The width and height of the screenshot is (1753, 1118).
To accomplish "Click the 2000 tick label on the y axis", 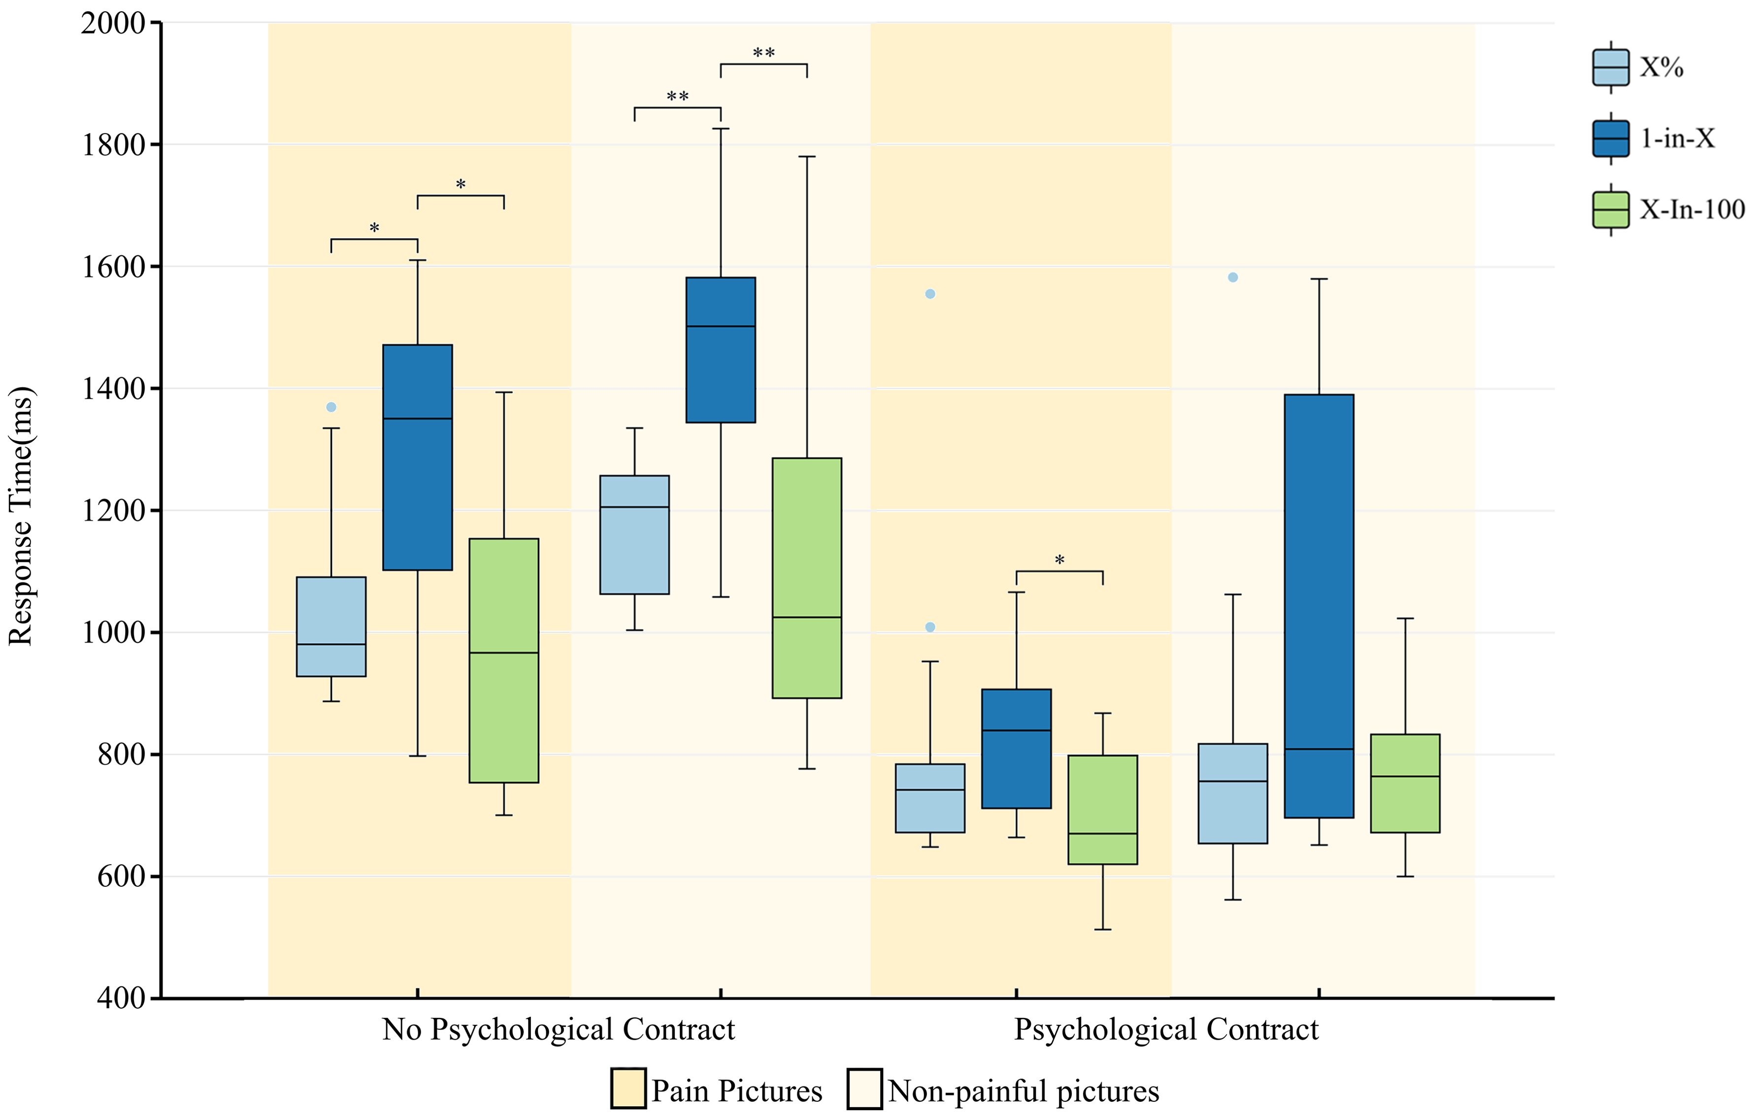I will [113, 23].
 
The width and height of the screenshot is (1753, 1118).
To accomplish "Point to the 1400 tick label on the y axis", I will [113, 389].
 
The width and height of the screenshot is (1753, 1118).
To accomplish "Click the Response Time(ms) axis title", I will [20, 516].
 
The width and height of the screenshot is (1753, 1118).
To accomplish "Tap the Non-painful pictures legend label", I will [1023, 1090].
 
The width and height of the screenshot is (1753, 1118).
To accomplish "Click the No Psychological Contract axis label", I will [559, 1029].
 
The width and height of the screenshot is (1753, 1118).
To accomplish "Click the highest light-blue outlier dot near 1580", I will [1232, 278].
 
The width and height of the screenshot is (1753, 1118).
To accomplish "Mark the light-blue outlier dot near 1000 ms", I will [929, 627].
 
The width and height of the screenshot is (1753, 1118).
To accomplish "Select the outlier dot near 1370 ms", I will [331, 407].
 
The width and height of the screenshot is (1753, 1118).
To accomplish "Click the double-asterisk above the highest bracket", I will [763, 52].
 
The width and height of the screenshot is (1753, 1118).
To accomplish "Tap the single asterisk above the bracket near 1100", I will [1059, 560].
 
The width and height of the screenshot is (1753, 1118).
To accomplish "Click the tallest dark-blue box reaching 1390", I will [1319, 604].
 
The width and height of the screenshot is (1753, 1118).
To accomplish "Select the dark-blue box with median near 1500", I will [721, 349].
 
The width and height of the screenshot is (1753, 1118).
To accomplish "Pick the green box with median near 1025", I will [807, 578].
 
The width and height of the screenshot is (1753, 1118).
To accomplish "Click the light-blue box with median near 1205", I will [634, 535].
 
